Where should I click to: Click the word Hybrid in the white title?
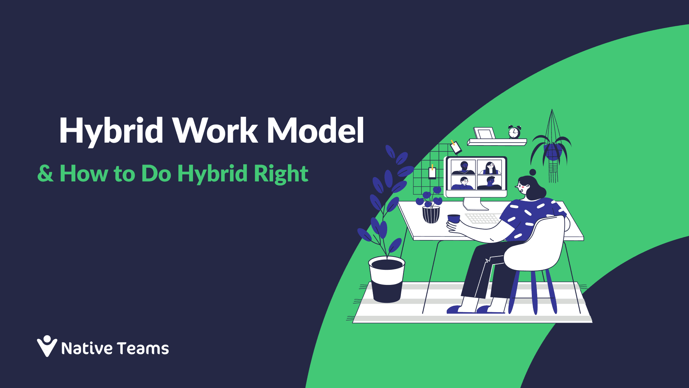point(111,131)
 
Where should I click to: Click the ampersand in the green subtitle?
point(45,174)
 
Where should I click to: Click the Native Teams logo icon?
point(47,346)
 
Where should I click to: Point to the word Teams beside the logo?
point(143,348)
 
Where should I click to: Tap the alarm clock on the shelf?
point(514,132)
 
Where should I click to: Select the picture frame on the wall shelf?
point(484,133)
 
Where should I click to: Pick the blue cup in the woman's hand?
point(454,218)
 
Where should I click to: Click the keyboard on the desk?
point(483,218)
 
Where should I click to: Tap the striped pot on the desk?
point(431,214)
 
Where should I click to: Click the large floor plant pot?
point(386,280)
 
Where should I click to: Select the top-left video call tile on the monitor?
point(463,167)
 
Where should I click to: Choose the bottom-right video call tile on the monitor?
point(489,183)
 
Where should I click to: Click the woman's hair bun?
point(533,172)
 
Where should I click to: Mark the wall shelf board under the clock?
point(497,142)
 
